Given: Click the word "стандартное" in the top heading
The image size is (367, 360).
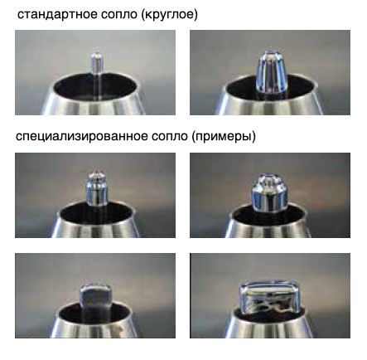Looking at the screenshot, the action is point(57,15).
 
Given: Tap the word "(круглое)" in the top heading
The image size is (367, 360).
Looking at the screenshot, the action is point(169,15).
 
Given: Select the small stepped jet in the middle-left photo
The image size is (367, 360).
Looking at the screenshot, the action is point(97,188).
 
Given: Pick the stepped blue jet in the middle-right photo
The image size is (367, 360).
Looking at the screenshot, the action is point(269,193).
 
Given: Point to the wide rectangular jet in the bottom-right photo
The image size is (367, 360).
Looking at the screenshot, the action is point(269,297).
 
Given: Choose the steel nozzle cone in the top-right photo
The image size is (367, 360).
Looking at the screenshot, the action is point(269,104).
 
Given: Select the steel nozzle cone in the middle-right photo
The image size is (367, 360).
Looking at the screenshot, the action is point(269,226).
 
